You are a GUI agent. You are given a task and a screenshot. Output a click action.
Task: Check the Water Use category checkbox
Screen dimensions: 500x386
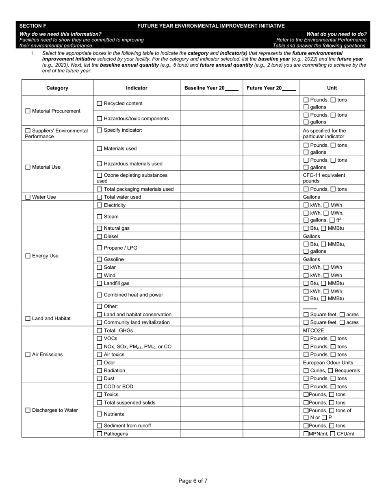28,197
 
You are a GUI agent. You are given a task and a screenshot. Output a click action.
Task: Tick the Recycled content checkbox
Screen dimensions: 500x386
100,104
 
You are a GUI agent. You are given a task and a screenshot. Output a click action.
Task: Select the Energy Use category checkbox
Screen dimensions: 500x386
28,256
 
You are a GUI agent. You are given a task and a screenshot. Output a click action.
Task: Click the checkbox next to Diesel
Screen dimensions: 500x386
100,236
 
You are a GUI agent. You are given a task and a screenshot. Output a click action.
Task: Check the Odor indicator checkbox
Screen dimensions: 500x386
100,363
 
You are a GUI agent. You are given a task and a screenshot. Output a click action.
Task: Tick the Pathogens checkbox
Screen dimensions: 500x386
100,434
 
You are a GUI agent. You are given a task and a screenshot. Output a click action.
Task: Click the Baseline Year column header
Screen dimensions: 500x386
211,88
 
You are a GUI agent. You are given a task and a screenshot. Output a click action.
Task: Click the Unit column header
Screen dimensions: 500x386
332,88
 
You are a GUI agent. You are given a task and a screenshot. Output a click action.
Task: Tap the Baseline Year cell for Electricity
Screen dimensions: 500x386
211,205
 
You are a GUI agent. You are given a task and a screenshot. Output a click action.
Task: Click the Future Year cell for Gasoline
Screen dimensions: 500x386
271,259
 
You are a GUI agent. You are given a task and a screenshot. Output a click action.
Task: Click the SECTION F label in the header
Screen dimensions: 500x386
33,26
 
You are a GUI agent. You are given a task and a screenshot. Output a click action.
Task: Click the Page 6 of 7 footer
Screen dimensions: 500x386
193,481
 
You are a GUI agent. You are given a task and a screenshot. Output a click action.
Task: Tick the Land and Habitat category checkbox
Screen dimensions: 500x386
28,319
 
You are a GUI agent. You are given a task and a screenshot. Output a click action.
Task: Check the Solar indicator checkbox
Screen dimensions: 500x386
100,267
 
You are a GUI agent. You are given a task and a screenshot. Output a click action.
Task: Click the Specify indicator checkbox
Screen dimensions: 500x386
100,130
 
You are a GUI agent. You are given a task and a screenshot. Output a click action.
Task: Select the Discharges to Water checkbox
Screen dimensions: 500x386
28,410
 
